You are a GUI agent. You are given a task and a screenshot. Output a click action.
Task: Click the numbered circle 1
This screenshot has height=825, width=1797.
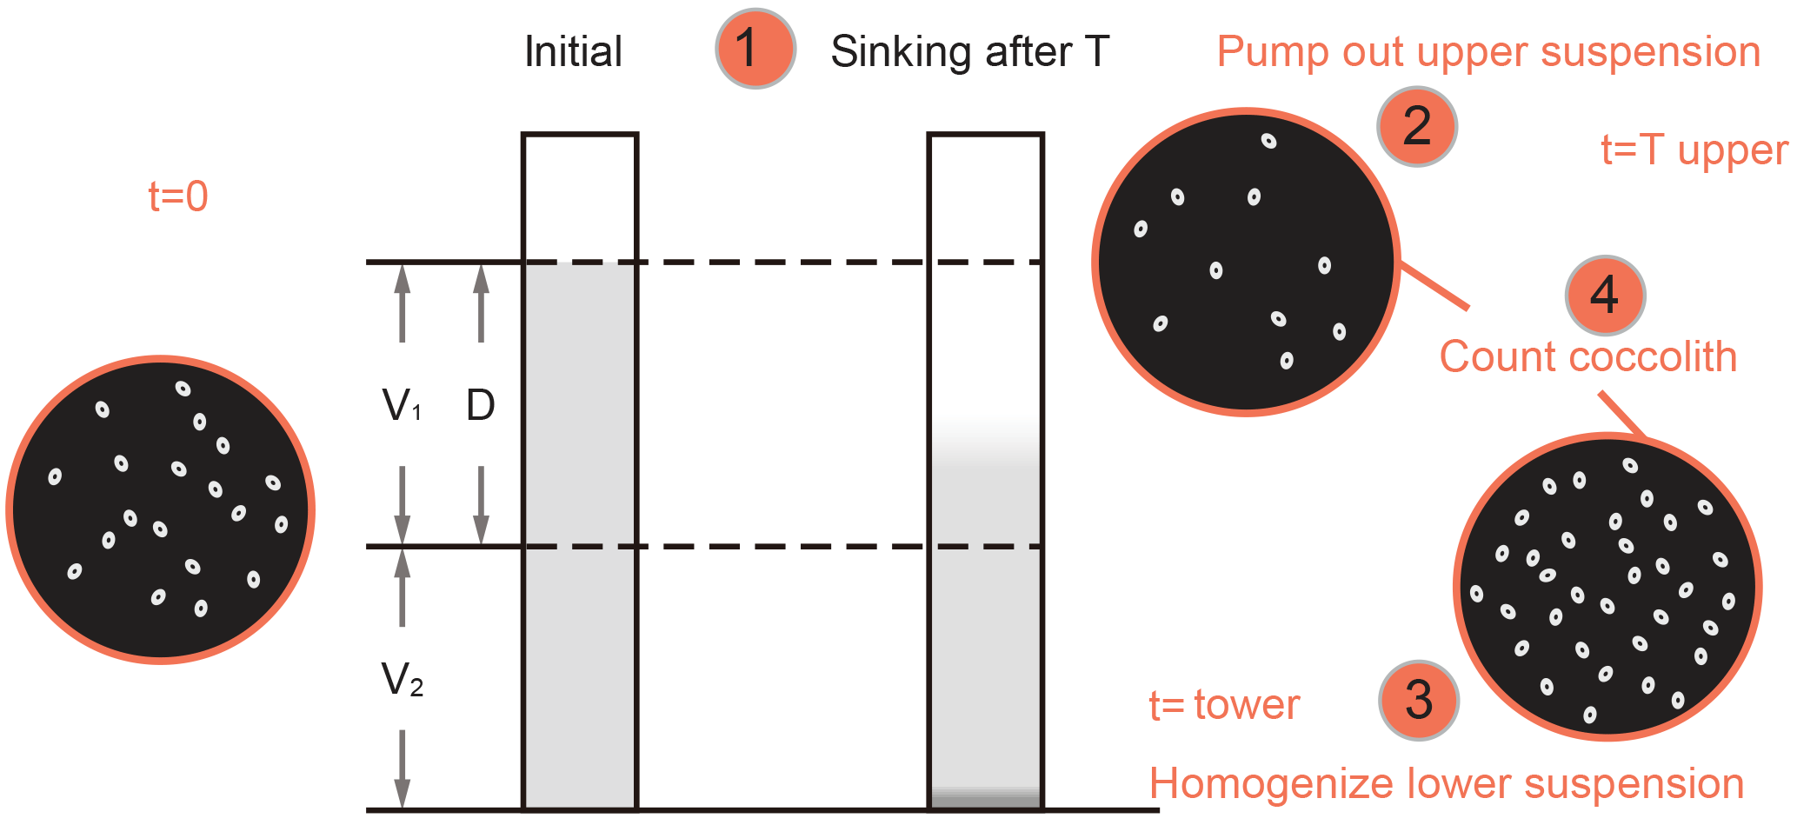755,49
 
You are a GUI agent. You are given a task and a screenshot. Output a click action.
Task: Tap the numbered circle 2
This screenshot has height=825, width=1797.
1416,127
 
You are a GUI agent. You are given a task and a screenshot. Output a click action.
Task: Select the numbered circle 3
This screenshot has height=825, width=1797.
1418,700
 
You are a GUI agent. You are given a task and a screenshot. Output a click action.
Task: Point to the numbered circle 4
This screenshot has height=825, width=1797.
1604,296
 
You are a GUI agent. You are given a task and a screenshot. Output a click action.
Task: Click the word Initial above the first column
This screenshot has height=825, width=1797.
573,52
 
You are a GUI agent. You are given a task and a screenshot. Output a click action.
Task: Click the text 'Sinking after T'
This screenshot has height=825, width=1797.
969,52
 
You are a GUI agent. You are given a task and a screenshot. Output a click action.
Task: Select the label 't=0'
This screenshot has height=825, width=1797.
178,196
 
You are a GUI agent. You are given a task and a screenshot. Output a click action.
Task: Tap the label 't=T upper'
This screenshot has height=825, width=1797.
1694,150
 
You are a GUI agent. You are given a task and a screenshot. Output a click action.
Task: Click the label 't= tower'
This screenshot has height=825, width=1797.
1223,705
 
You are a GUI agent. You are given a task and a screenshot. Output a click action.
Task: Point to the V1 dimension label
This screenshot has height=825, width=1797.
402,405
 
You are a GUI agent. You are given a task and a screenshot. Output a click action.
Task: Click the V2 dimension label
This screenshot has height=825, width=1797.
402,680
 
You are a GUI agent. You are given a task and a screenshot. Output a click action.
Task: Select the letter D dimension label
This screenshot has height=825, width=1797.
480,405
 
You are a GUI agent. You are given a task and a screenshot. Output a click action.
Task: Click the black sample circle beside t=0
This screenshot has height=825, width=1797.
161,510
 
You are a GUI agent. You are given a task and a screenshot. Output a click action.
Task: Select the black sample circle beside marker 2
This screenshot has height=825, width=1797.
1245,262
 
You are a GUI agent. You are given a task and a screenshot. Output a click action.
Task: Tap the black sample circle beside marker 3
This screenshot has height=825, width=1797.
1607,587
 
